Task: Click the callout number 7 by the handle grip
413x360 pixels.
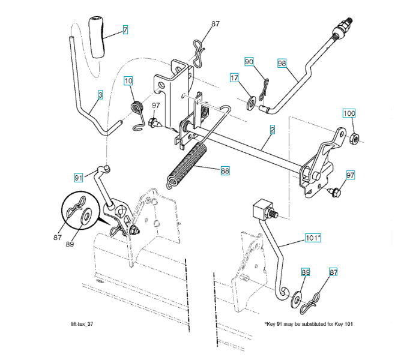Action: click(x=125, y=29)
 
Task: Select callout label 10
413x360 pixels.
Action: click(x=128, y=81)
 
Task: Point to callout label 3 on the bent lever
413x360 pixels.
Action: click(x=100, y=95)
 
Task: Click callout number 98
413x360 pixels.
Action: click(x=282, y=63)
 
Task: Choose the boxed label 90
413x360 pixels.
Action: click(x=249, y=62)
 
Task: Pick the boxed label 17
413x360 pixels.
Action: click(x=234, y=77)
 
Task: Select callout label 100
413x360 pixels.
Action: click(x=349, y=113)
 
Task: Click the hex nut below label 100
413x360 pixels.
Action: click(x=354, y=139)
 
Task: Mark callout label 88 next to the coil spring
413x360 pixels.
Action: click(x=225, y=170)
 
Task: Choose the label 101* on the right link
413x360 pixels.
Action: click(x=313, y=238)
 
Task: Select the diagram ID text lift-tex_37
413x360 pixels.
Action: click(x=82, y=324)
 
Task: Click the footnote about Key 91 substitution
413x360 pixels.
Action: click(x=309, y=324)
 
